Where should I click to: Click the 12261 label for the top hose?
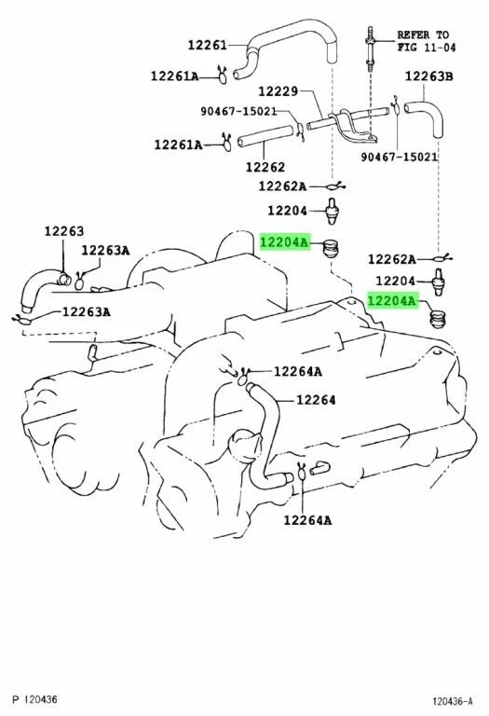(x=206, y=44)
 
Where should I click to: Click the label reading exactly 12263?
(x=63, y=232)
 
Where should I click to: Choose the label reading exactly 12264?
(x=317, y=400)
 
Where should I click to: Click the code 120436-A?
(x=452, y=700)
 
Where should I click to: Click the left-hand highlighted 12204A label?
(x=283, y=242)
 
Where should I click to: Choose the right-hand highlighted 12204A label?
(x=391, y=301)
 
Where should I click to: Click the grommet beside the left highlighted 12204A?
(x=328, y=248)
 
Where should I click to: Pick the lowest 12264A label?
(x=307, y=520)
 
